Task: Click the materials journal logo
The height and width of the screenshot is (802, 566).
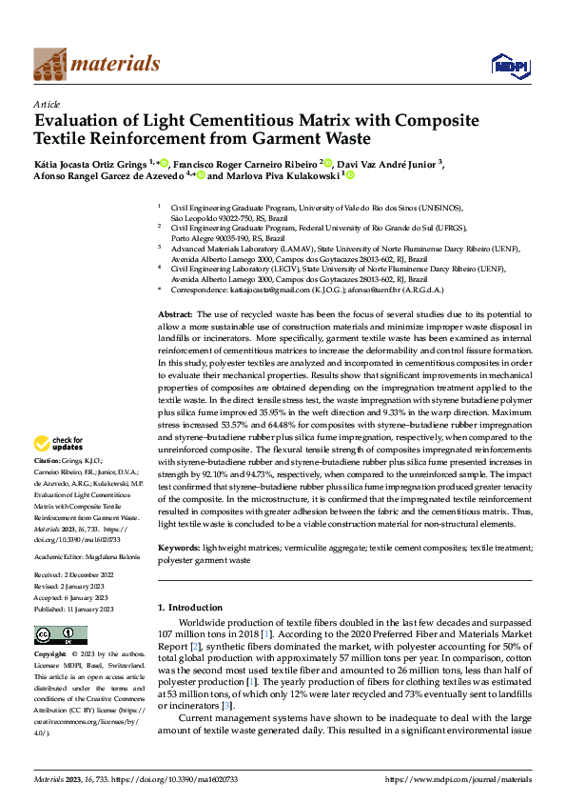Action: click(x=96, y=64)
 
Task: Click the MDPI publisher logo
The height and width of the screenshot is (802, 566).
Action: click(x=504, y=64)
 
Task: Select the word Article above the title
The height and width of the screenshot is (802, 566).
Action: click(x=47, y=104)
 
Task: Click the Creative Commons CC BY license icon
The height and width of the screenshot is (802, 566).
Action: click(x=61, y=635)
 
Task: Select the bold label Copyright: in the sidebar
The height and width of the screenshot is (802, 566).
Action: click(x=50, y=655)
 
